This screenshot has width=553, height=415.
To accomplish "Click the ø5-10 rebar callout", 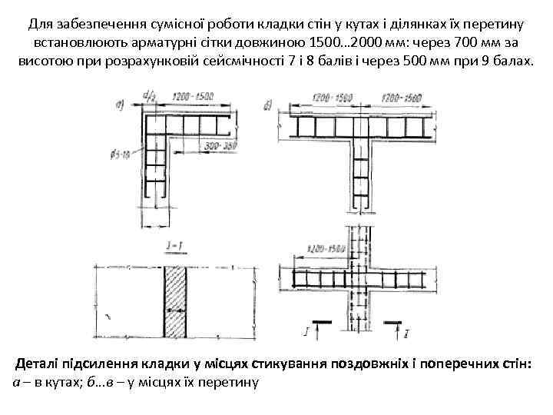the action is [120, 156].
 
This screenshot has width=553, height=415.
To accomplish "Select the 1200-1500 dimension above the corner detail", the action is [194, 98].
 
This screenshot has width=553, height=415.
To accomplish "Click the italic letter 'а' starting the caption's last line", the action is [18, 382].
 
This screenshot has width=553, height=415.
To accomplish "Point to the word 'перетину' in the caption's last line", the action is [233, 382].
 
